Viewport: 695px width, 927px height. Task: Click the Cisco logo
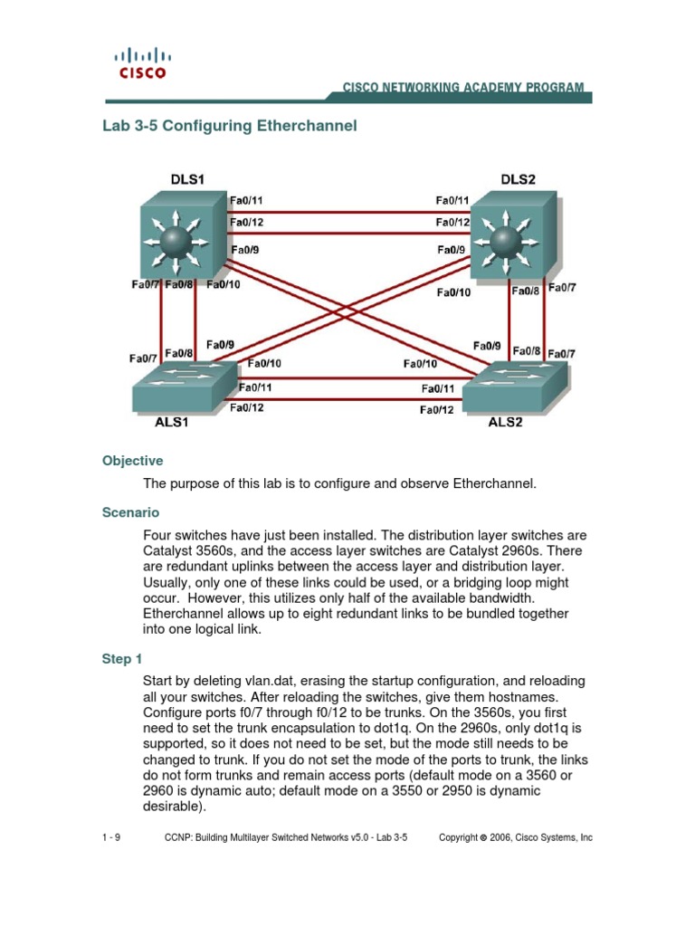143,63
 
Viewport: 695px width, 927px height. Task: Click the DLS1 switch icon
176,236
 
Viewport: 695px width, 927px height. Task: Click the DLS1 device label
187,179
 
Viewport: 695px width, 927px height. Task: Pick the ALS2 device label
506,422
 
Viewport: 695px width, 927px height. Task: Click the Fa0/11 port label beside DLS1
246,200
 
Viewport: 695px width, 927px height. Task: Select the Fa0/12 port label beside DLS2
452,223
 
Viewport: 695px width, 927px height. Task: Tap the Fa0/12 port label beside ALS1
246,408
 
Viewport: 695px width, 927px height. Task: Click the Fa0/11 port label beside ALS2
437,389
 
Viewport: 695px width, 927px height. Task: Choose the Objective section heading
132,461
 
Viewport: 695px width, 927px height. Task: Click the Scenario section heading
130,512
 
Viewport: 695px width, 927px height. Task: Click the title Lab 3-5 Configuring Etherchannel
230,126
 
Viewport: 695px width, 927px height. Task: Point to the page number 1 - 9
111,838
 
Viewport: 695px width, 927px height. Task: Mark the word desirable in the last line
173,807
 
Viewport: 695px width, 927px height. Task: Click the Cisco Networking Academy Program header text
462,88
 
